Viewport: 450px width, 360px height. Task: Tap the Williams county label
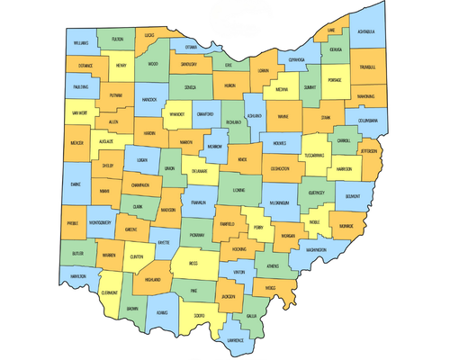(82, 42)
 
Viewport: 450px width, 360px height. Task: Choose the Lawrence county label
(235, 340)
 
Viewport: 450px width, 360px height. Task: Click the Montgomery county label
(102, 222)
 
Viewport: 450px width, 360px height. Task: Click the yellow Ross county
(193, 263)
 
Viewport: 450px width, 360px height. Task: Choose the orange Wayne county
(283, 116)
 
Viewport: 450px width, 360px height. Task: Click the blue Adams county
(161, 312)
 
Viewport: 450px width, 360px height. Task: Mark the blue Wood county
(152, 65)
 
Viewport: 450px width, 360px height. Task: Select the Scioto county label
(198, 315)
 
